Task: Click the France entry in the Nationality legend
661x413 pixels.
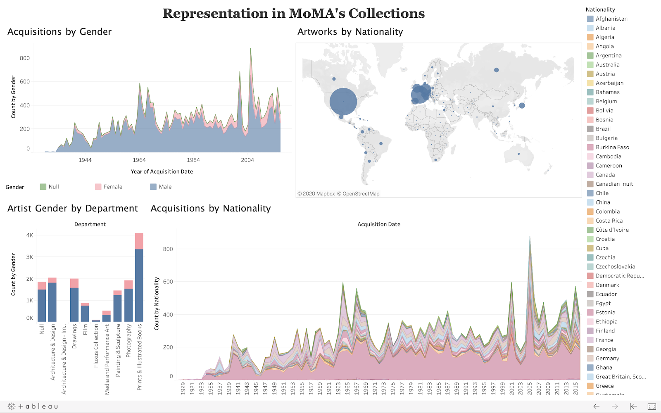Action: [604, 340]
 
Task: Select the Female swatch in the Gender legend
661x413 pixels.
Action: [98, 187]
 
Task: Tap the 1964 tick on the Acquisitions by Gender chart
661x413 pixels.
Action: [139, 160]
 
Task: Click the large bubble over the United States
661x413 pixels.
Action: [343, 102]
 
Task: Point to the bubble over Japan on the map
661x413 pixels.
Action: [522, 106]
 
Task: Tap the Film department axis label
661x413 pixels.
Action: [86, 330]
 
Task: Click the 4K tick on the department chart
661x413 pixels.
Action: [30, 235]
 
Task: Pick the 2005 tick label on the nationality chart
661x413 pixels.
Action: [530, 388]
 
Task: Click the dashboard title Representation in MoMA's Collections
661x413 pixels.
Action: [293, 13]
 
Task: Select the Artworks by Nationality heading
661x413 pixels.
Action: [350, 32]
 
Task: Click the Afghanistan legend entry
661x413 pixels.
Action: [611, 19]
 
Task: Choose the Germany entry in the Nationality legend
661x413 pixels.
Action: [607, 358]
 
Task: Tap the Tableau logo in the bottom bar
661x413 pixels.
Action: [33, 406]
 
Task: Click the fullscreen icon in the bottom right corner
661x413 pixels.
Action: [651, 406]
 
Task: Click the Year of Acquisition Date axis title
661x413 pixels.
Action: [162, 171]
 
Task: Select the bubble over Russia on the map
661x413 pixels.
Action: [496, 70]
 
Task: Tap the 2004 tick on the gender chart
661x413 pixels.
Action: [247, 160]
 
